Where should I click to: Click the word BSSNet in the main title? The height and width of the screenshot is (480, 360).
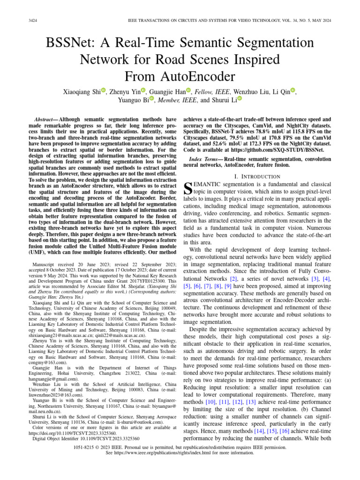pyautogui.click(x=70, y=43)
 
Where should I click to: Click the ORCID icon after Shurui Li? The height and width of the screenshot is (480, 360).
pyautogui.click(x=240, y=99)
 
